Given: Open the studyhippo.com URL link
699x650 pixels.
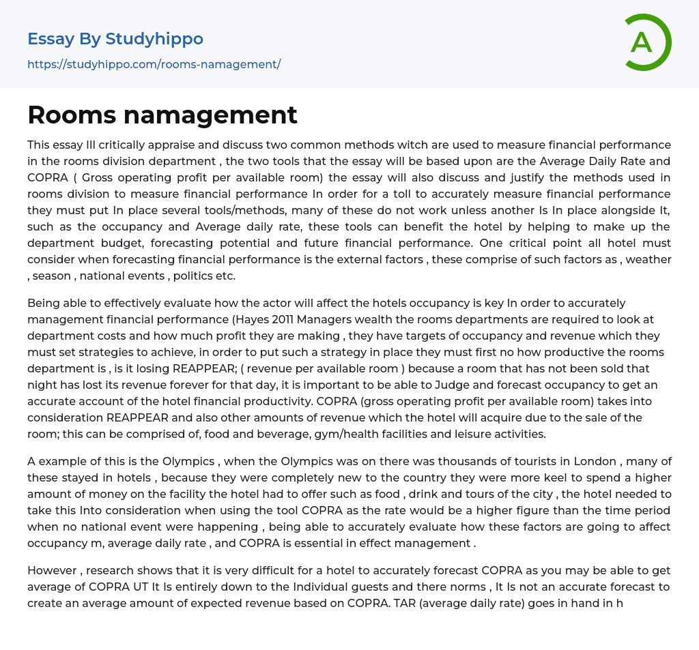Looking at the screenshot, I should point(154,64).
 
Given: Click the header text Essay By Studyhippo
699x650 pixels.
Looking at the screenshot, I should point(115,39).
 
